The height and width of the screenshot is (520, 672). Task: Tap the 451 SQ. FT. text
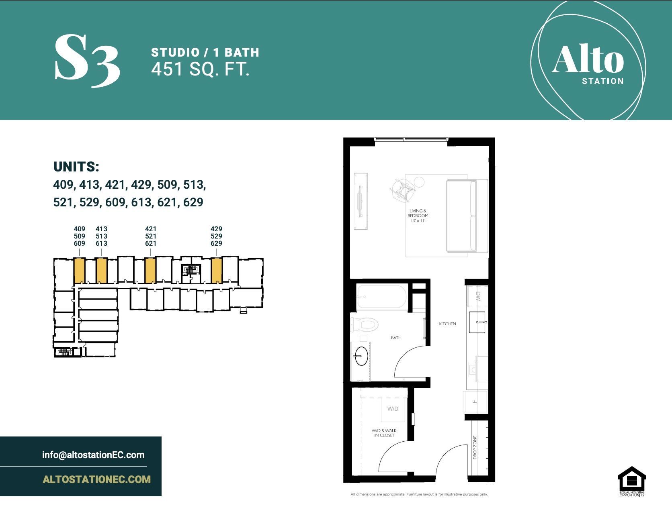(200, 69)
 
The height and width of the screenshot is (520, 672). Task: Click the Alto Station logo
(588, 60)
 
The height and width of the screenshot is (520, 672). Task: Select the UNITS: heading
(76, 167)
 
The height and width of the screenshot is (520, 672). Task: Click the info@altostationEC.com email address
(93, 455)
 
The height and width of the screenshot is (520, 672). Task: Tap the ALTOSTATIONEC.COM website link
(96, 479)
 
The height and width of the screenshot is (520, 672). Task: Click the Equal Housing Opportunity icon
(632, 481)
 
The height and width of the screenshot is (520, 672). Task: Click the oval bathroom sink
(361, 356)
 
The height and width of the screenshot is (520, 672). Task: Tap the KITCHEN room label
(447, 324)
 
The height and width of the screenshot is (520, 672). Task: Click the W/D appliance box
(393, 409)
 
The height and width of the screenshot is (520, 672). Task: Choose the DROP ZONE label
(475, 447)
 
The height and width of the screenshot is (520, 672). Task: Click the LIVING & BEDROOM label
(418, 216)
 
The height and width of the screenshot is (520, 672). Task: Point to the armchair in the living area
(403, 189)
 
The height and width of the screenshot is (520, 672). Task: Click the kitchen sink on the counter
(477, 322)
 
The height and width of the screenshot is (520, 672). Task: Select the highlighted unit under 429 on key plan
(217, 271)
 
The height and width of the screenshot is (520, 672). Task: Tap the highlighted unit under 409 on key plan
(79, 271)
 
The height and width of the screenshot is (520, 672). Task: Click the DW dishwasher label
(478, 297)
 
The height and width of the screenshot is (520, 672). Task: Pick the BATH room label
(396, 338)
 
